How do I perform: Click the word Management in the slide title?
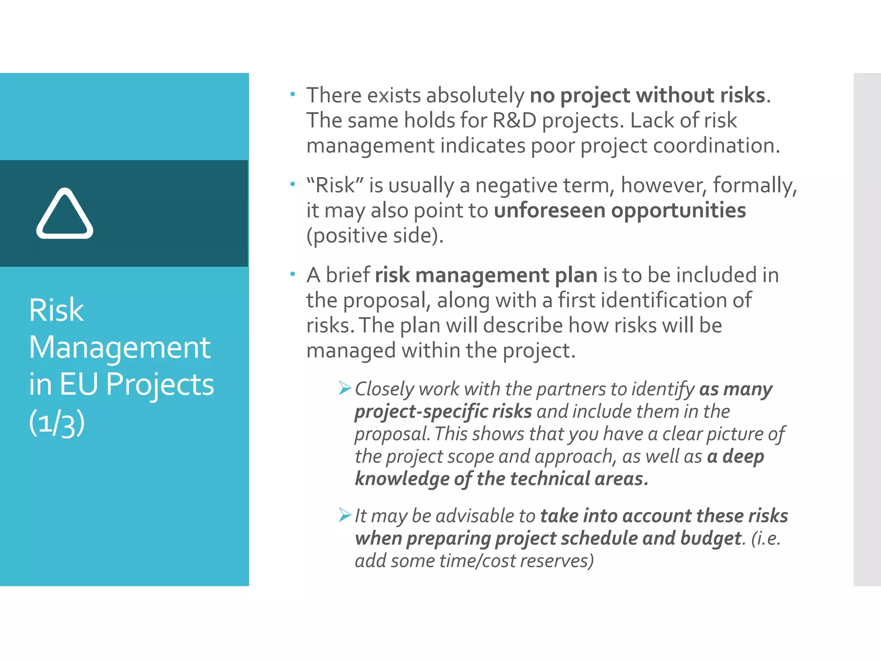120,347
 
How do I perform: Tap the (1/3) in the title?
57,423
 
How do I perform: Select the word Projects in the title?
160,384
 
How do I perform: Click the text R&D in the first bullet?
514,120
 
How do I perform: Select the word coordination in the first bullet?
716,146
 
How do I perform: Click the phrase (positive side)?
375,235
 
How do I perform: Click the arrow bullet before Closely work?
345,388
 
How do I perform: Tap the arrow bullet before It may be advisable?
345,515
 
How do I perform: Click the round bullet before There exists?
293,95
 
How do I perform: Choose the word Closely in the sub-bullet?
384,389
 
